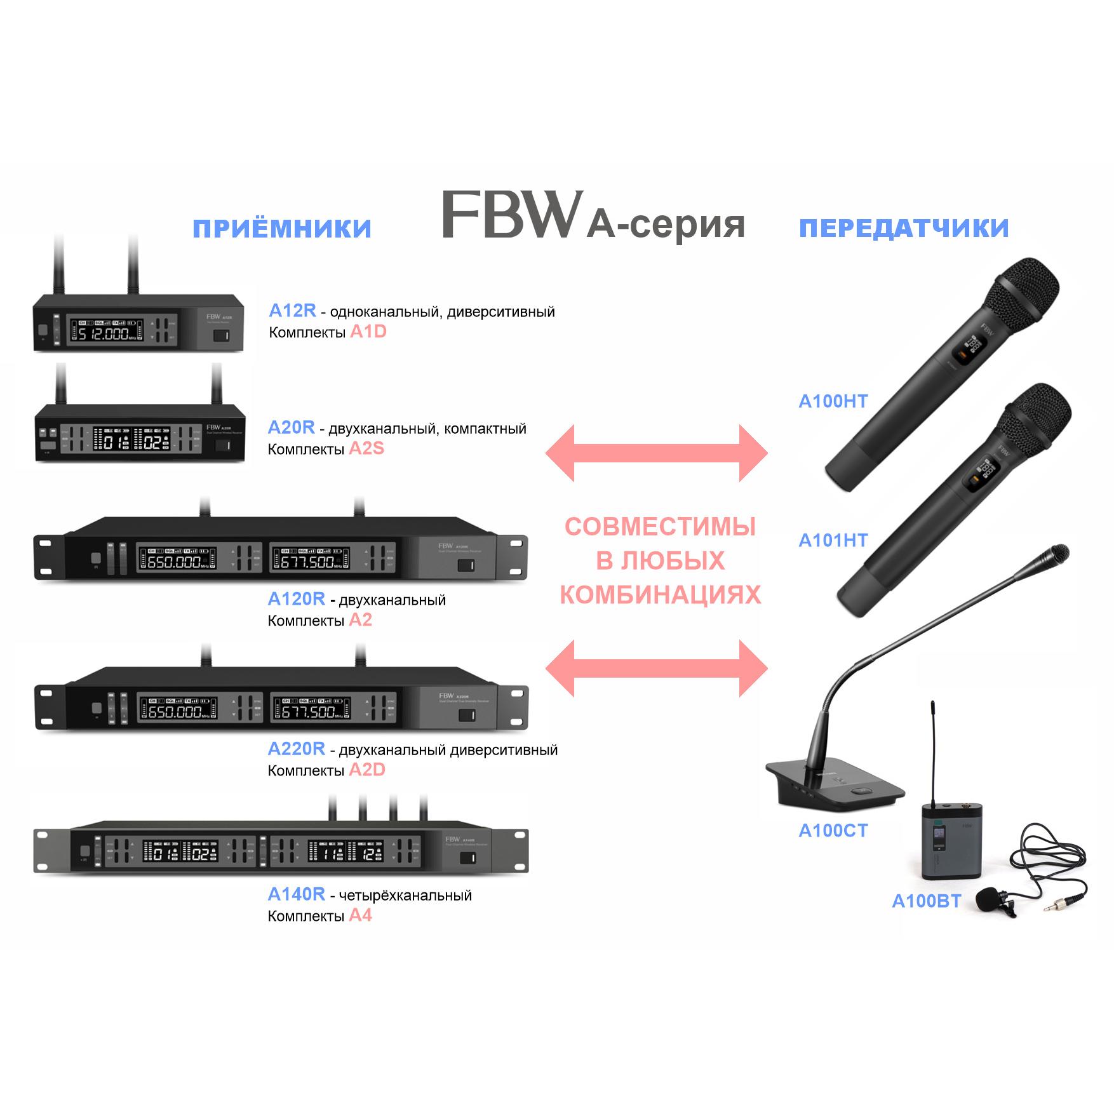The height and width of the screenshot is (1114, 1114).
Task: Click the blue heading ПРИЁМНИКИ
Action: (282, 229)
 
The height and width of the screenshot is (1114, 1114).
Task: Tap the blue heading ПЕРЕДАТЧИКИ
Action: (904, 229)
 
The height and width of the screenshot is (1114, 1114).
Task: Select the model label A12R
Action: (292, 310)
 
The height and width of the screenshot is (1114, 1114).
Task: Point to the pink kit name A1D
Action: (368, 332)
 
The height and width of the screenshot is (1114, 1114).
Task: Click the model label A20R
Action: (291, 427)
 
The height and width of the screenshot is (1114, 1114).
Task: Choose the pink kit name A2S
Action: (366, 449)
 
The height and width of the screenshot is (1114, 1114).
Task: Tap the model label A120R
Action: (296, 599)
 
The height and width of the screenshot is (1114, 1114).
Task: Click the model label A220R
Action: (296, 749)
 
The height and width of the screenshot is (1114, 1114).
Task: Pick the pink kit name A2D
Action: (367, 770)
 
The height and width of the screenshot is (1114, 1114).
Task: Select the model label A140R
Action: (296, 894)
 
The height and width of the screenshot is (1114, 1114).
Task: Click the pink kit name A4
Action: (360, 916)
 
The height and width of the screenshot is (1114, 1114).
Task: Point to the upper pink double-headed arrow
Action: (657, 453)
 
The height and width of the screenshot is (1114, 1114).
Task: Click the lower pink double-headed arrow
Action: (657, 668)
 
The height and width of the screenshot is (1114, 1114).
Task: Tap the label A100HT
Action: (833, 401)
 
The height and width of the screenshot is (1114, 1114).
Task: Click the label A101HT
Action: (833, 540)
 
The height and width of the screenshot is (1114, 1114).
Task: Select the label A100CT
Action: (833, 831)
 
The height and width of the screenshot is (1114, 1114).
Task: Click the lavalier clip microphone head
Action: (988, 898)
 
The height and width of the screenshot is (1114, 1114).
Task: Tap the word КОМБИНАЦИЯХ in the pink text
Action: (660, 595)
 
